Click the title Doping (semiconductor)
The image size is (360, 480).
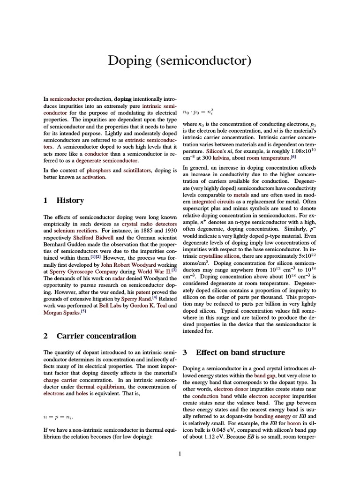pos(180,61)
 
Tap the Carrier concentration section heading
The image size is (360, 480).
pos(96,336)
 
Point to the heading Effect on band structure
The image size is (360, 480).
pos(240,352)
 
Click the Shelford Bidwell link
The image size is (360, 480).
pos(92,238)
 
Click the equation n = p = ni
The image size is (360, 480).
pos(58,416)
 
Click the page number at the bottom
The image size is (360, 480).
pos(180,453)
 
